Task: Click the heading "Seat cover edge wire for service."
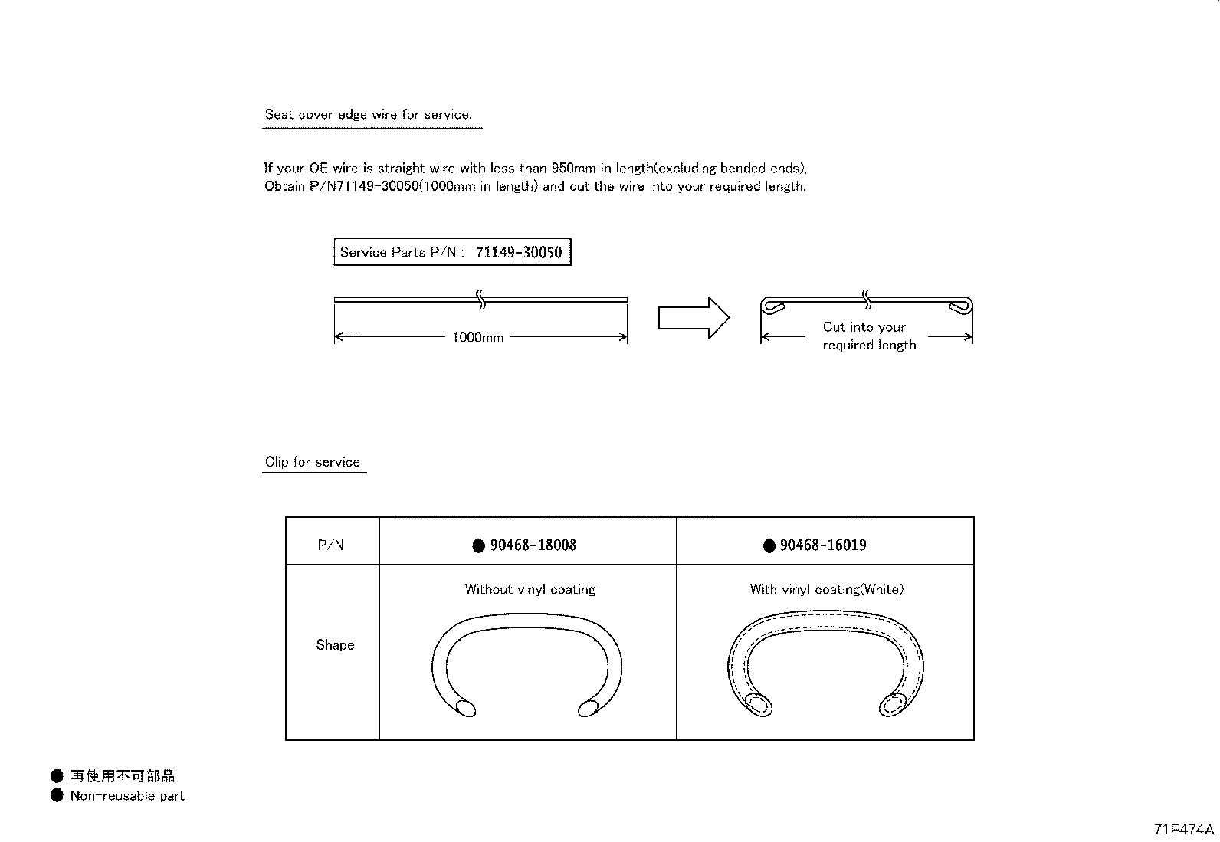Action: click(x=368, y=115)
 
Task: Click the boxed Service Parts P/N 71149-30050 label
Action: click(x=452, y=252)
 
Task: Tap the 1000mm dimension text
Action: click(x=477, y=337)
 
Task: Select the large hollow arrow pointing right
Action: click(x=693, y=317)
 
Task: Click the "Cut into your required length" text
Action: click(x=867, y=336)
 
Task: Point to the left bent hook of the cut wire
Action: click(x=773, y=306)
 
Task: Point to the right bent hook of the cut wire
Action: click(x=960, y=306)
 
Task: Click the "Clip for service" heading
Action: click(x=313, y=462)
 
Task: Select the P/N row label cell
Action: click(x=331, y=545)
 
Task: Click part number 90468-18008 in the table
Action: click(x=533, y=545)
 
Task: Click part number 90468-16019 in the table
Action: click(x=823, y=545)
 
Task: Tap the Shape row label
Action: click(x=335, y=645)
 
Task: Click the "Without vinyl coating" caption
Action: click(x=530, y=589)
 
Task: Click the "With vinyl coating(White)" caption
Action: click(x=826, y=589)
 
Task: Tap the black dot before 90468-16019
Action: click(x=769, y=546)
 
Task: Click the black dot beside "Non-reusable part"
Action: click(x=57, y=795)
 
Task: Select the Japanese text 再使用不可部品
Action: click(x=123, y=777)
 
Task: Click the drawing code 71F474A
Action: click(x=1184, y=830)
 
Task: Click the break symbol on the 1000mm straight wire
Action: click(x=481, y=299)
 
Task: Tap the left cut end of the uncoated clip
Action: click(x=464, y=708)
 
